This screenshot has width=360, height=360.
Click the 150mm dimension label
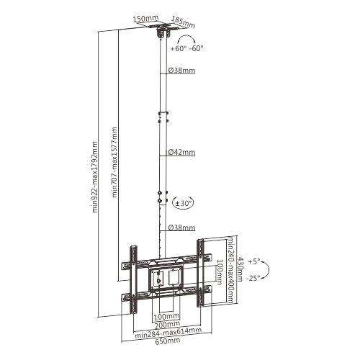(x=145, y=19)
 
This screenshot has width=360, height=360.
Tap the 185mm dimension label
(x=183, y=22)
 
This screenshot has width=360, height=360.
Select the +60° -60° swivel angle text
(x=186, y=48)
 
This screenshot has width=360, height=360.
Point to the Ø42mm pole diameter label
(x=181, y=152)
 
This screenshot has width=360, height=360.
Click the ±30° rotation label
(x=184, y=203)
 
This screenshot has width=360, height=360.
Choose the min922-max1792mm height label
(x=95, y=177)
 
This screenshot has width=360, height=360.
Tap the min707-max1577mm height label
(x=114, y=162)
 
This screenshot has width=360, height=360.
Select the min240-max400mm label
(x=230, y=270)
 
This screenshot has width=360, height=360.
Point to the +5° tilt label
(x=254, y=261)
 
